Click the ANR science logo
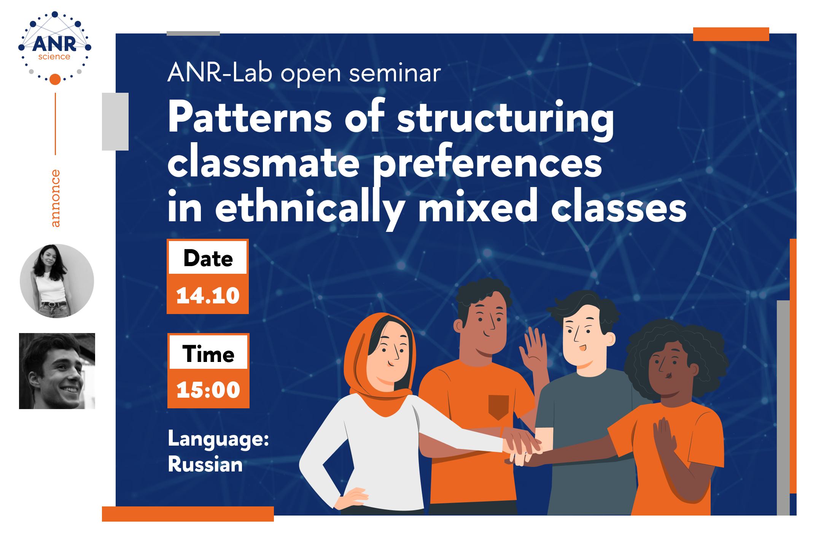[x=55, y=48]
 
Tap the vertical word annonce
[x=56, y=198]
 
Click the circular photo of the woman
[x=57, y=281]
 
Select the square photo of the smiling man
[x=57, y=371]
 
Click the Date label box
[x=208, y=258]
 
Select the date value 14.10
[x=208, y=295]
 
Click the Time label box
[x=208, y=354]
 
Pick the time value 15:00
[x=208, y=390]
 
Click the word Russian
[x=205, y=464]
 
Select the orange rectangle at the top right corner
[x=731, y=34]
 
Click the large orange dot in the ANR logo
[x=55, y=79]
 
